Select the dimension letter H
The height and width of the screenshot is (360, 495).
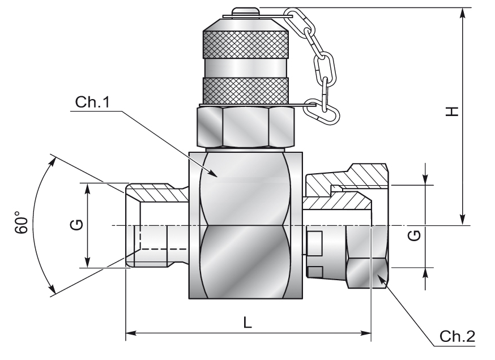tap(451, 112)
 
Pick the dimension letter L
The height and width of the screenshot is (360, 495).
tap(247, 322)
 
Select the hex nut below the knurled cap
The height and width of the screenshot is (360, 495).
tap(245, 128)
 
